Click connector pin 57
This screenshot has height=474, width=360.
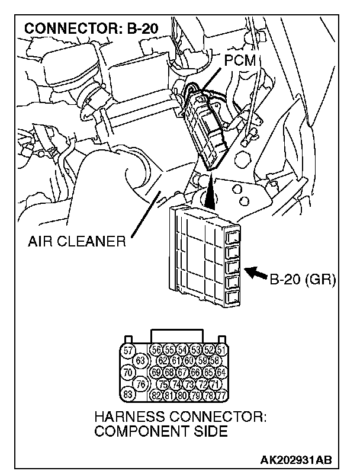[x=128, y=350]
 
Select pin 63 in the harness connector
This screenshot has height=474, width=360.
[x=141, y=360]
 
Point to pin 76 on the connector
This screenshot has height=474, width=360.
[x=141, y=383]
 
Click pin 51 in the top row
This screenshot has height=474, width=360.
[x=222, y=350]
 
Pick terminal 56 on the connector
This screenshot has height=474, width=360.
[x=157, y=350]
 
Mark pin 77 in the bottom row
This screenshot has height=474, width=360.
[x=222, y=395]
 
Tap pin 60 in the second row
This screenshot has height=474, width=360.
[x=188, y=361]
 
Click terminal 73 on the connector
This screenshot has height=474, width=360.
[x=188, y=383]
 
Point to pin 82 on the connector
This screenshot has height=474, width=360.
[x=157, y=395]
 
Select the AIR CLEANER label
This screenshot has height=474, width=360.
[x=76, y=242]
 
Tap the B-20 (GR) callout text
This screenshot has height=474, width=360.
[x=303, y=278]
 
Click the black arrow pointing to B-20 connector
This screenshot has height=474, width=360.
[x=256, y=273]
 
